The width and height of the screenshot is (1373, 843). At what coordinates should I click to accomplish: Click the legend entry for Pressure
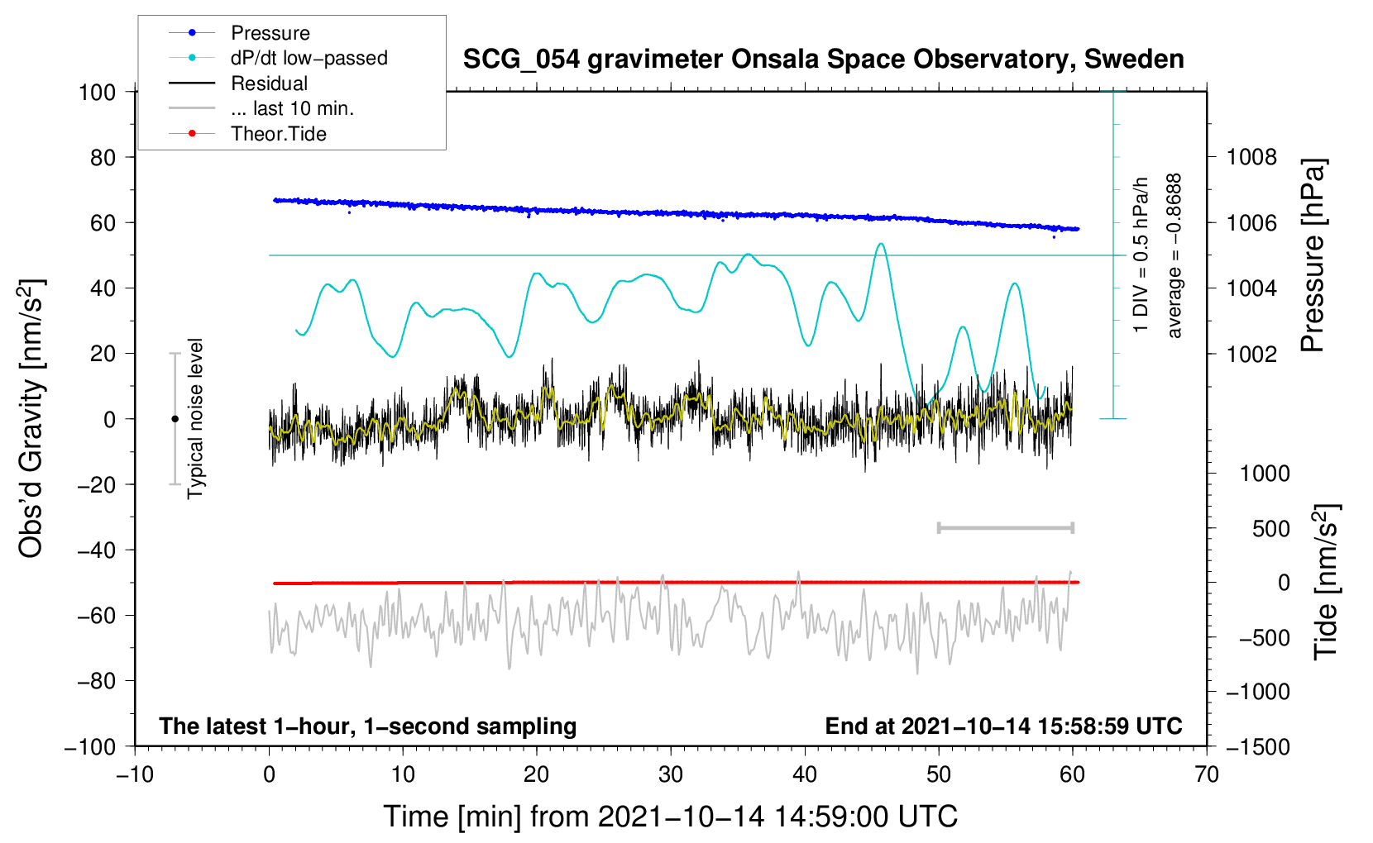[270, 33]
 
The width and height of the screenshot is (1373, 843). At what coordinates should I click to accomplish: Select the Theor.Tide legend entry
[278, 134]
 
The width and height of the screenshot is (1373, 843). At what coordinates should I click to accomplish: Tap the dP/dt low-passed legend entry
[309, 58]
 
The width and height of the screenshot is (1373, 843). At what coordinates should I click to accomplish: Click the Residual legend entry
[269, 83]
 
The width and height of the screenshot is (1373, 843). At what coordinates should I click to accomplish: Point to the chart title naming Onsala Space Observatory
[823, 60]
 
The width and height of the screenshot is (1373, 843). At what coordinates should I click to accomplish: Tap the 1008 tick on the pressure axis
[1251, 157]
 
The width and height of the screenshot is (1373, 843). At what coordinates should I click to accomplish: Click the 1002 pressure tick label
[1251, 354]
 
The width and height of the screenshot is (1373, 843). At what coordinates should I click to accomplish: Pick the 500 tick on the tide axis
[1271, 528]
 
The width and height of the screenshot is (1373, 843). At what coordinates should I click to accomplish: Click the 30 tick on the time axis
[671, 774]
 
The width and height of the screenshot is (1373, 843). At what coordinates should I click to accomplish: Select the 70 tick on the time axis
[1207, 774]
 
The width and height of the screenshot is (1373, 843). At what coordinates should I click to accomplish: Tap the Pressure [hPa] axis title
[1313, 255]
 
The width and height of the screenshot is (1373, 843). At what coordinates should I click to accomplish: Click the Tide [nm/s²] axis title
[1326, 581]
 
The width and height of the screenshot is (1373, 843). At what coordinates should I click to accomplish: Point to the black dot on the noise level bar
[175, 419]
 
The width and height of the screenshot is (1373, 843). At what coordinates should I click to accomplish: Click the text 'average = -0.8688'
[1174, 256]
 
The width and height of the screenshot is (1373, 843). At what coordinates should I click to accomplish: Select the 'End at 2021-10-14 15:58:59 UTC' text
[1003, 726]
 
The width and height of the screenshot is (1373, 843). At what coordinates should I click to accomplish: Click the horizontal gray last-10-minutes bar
[1006, 528]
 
